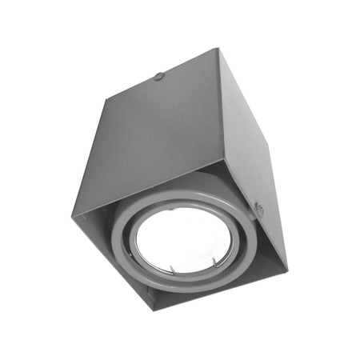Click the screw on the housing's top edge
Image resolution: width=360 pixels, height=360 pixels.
click(159, 77)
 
